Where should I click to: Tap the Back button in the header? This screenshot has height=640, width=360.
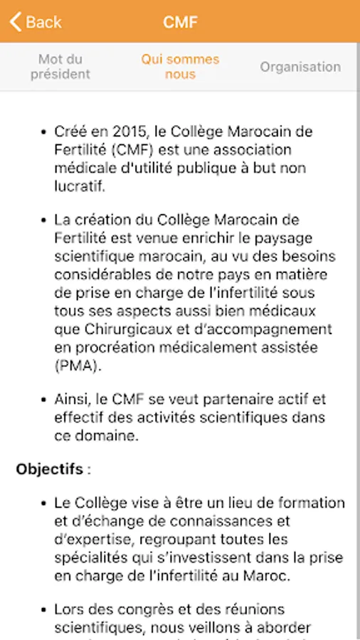(36, 22)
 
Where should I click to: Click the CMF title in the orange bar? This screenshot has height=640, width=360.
(180, 22)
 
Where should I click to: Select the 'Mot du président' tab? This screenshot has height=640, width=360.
(60, 67)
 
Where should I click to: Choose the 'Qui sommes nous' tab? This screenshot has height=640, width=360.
(180, 67)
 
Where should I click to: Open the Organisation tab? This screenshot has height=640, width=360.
(300, 67)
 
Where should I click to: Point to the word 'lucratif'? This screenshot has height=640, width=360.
(79, 187)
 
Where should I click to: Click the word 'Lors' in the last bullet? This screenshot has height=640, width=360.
(70, 609)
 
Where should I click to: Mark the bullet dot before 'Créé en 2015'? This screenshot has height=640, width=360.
(42, 132)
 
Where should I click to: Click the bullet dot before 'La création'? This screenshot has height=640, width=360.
(42, 220)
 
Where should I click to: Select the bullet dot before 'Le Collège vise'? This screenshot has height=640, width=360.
(42, 503)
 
